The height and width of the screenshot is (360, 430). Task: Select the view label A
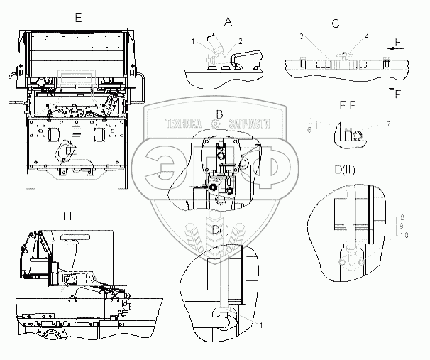point(228,22)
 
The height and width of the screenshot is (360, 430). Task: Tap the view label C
point(335,23)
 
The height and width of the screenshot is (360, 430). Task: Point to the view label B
point(220,114)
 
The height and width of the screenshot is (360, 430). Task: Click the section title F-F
point(348,107)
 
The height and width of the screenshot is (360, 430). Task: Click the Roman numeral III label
point(67,216)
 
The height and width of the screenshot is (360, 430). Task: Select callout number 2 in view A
point(241,40)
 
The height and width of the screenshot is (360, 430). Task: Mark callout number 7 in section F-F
point(389,125)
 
